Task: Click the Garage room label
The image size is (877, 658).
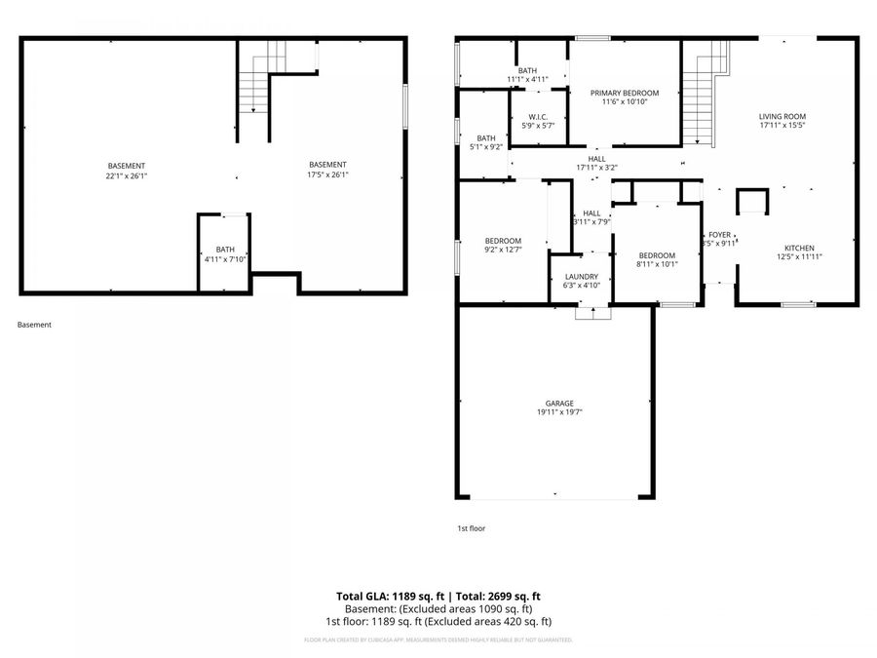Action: tap(558, 404)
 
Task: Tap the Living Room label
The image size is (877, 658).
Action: tap(782, 117)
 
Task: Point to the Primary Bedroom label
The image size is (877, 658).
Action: tap(625, 94)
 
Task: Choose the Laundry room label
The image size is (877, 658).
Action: tap(581, 277)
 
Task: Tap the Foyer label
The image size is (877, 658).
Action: tap(719, 235)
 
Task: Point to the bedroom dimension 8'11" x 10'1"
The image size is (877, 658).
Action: tap(656, 264)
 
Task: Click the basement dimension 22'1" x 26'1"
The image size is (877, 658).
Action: tap(127, 175)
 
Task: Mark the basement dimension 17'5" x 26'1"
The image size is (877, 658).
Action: tap(327, 175)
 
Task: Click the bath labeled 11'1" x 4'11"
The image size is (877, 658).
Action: tap(527, 79)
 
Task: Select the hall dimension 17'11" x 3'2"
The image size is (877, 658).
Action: tap(596, 168)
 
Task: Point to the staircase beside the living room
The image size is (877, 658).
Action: tap(699, 97)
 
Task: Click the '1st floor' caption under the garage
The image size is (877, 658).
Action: tap(471, 528)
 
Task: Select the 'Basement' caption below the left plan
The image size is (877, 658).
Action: tap(34, 325)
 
